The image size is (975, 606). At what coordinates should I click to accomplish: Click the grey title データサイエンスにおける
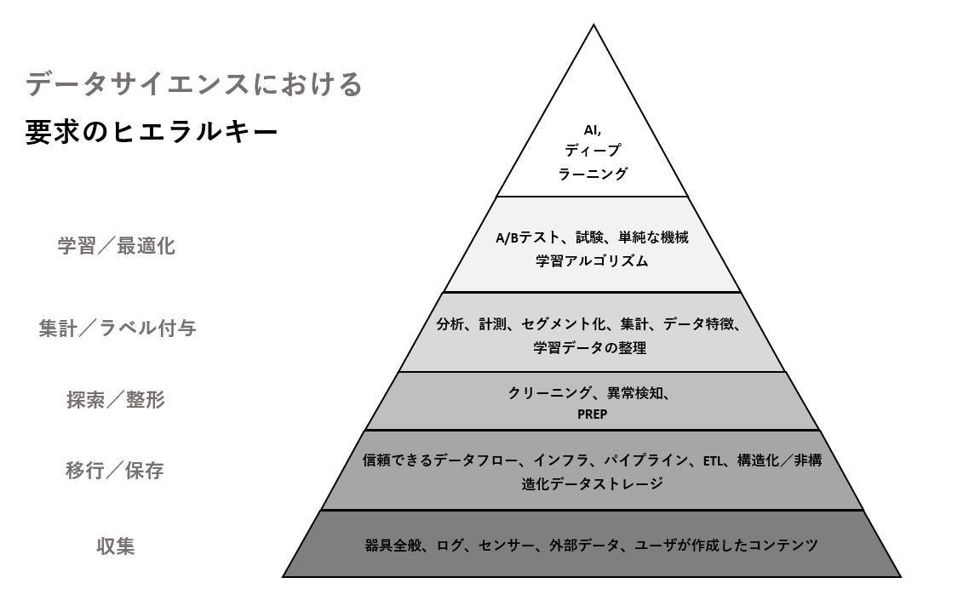193,84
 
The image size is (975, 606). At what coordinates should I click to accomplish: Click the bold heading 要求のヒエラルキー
152,132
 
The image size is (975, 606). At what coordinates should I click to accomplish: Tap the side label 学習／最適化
117,246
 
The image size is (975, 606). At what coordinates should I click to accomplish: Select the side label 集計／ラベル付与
118,328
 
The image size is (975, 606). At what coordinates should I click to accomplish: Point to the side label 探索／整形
116,399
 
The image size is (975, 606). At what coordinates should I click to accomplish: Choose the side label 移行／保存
115,471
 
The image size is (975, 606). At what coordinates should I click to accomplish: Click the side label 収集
116,546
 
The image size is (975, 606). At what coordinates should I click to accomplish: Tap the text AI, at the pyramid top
592,130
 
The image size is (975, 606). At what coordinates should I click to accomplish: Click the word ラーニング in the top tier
593,174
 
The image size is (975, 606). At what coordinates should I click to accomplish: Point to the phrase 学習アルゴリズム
592,260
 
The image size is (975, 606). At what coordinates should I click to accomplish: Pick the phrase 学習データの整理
589,347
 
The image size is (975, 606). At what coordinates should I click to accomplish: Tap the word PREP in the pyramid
592,414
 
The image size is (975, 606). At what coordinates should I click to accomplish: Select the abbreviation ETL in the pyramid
713,460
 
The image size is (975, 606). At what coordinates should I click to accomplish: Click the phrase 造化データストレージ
592,483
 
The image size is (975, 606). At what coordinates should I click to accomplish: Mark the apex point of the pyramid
594,25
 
